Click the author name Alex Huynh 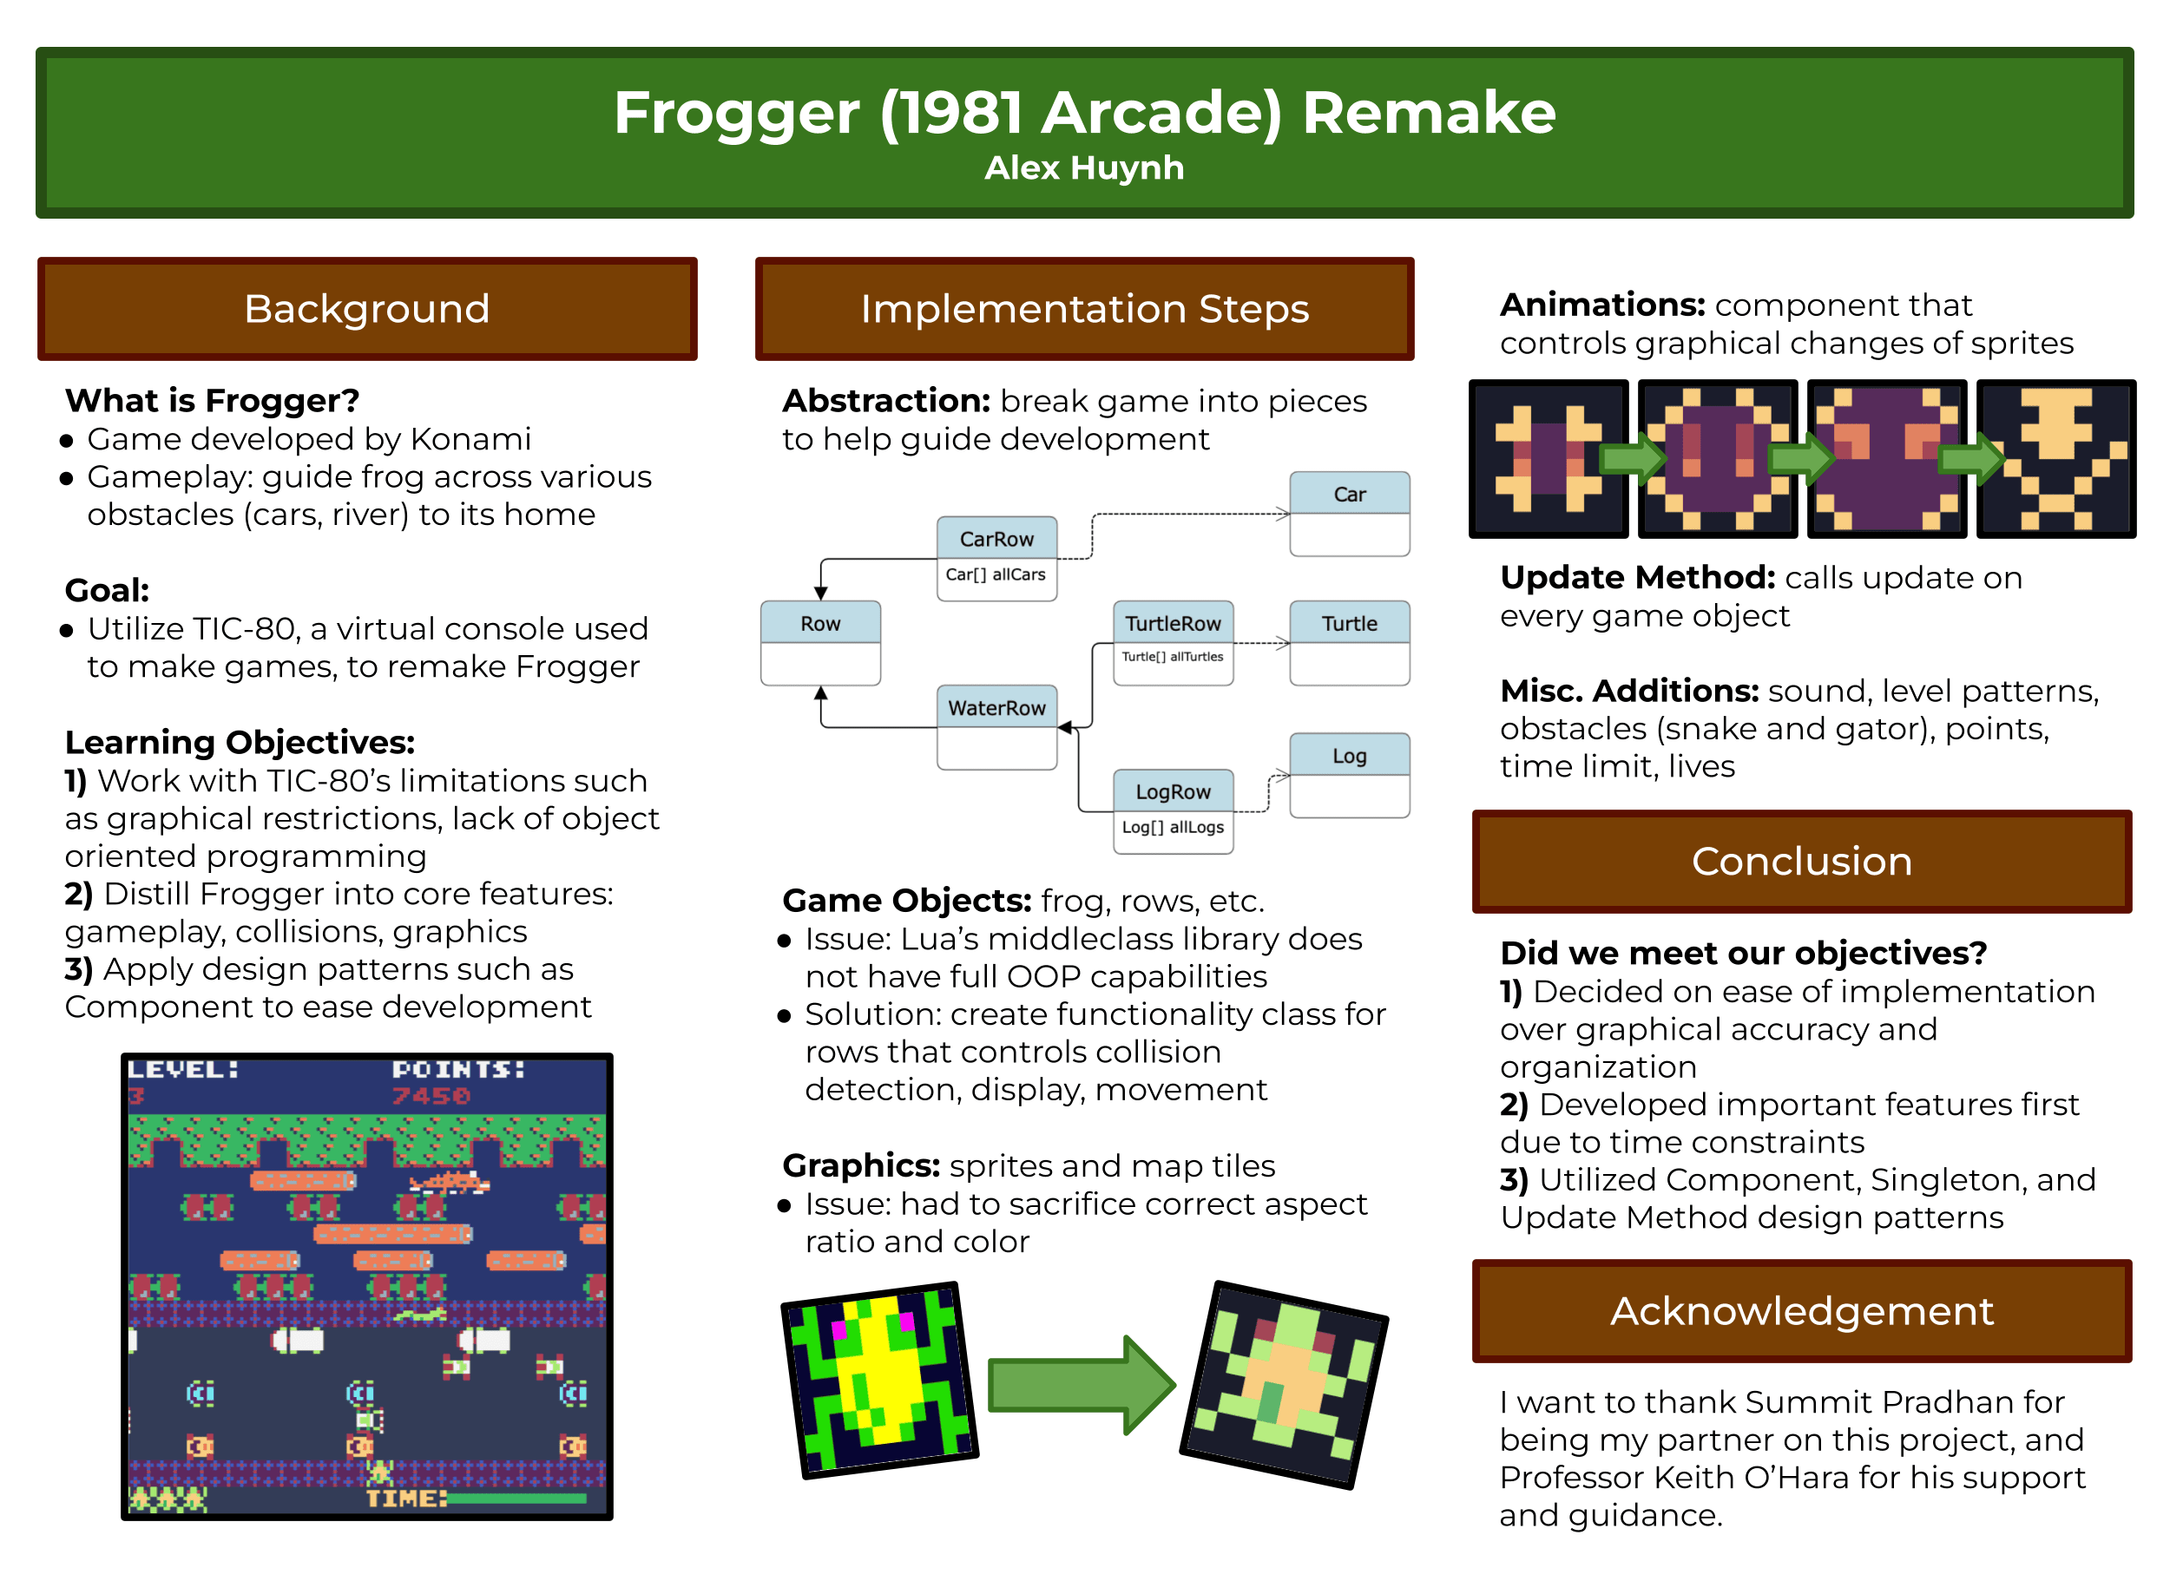pyautogui.click(x=1083, y=168)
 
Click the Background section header pyautogui.click(x=366, y=309)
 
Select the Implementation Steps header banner pyautogui.click(x=1083, y=309)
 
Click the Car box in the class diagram pyautogui.click(x=1349, y=513)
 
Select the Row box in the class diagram pyautogui.click(x=820, y=642)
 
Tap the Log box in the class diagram pyautogui.click(x=1349, y=774)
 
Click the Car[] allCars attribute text pyautogui.click(x=996, y=575)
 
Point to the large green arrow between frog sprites pyautogui.click(x=1080, y=1384)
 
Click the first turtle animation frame pyautogui.click(x=1548, y=458)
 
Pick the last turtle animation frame pyautogui.click(x=2055, y=458)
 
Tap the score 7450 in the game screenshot pyautogui.click(x=431, y=1096)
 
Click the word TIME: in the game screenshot pyautogui.click(x=406, y=1498)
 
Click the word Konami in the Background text pyautogui.click(x=470, y=439)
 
